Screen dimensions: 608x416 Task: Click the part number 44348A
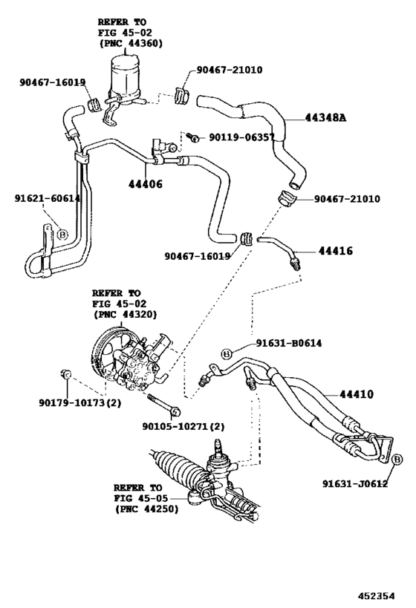[x=324, y=117]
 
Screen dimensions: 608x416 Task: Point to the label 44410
[x=357, y=395]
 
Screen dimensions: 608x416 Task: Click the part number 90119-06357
[x=241, y=137]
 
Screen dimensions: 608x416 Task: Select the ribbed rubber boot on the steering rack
[x=178, y=477]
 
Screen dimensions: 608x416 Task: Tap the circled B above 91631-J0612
[x=397, y=460]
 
